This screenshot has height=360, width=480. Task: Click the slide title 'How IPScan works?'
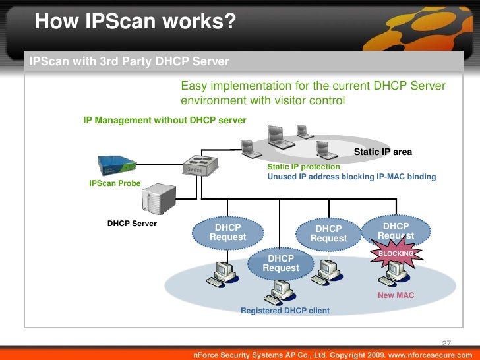click(x=135, y=22)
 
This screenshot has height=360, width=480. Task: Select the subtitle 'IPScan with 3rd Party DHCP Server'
click(x=129, y=62)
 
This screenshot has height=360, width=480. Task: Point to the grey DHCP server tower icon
click(x=160, y=196)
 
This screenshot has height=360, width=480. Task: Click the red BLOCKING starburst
click(x=396, y=254)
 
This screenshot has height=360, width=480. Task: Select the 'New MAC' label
click(x=396, y=295)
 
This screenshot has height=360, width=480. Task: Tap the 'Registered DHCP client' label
click(x=285, y=310)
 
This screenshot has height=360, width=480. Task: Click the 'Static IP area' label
click(x=383, y=152)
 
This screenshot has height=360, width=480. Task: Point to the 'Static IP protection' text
click(x=303, y=167)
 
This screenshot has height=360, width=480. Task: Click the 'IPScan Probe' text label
click(x=115, y=183)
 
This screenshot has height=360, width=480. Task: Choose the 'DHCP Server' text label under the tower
click(x=132, y=224)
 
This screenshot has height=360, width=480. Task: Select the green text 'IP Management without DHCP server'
click(x=164, y=121)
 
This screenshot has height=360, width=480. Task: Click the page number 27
click(x=446, y=343)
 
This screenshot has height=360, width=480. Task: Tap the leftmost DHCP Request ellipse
click(x=227, y=232)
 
